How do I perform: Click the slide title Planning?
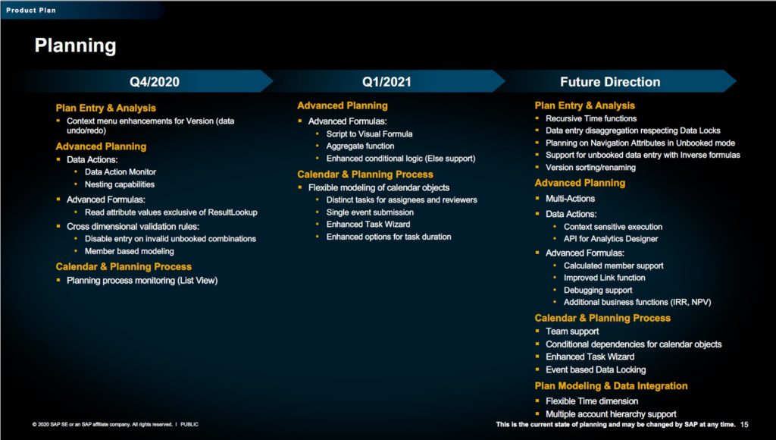[x=75, y=46]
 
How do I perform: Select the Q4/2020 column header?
[x=155, y=82]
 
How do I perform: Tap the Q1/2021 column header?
[x=386, y=82]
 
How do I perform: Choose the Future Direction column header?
[x=609, y=82]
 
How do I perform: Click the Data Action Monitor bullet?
[x=120, y=172]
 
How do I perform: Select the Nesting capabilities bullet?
[x=119, y=184]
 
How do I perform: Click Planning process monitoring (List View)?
[x=142, y=281]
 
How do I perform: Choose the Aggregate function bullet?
[x=360, y=146]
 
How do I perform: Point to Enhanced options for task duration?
[x=388, y=237]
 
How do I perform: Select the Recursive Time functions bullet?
[x=591, y=118]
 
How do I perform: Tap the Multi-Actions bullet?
[x=570, y=199]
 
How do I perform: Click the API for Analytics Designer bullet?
[x=611, y=239]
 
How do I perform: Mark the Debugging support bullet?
[x=598, y=290]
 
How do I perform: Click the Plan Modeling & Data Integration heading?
[x=611, y=386]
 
